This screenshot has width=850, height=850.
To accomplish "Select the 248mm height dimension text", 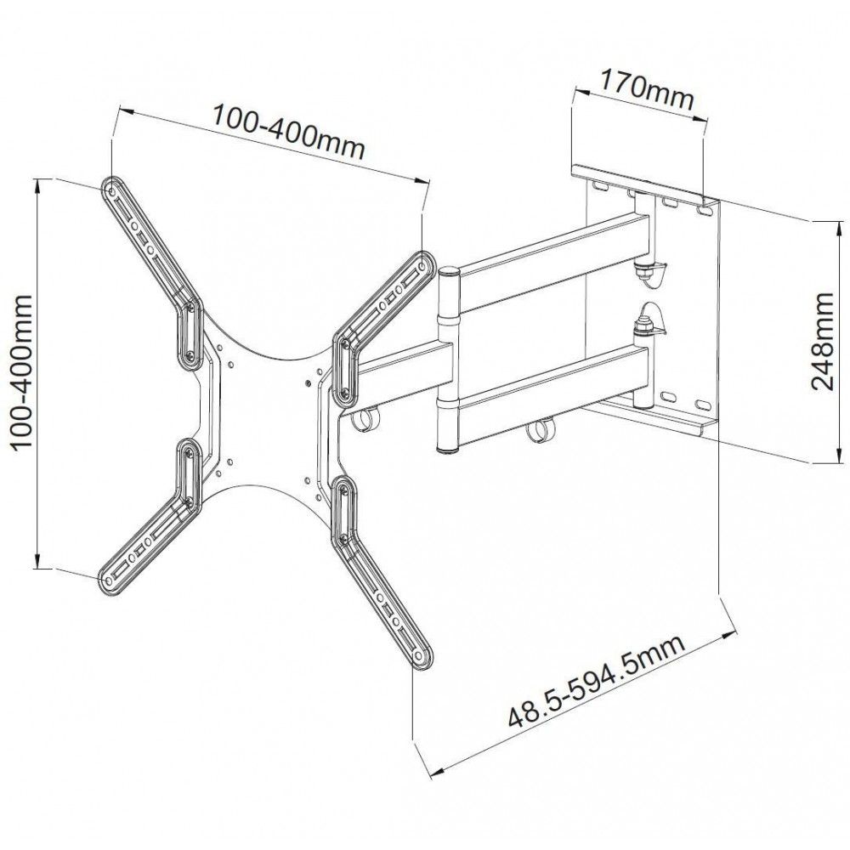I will pyautogui.click(x=823, y=340).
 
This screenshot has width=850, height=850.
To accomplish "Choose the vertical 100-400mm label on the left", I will pyautogui.click(x=19, y=371).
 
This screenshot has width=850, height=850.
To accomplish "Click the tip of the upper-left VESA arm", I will pyautogui.click(x=111, y=188).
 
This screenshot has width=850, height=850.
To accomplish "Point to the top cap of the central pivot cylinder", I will pyautogui.click(x=448, y=273).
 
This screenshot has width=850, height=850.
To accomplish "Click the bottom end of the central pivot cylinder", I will pyautogui.click(x=449, y=449).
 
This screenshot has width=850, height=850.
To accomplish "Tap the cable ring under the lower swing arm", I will pyautogui.click(x=535, y=432).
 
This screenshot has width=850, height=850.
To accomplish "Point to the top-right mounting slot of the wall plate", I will pyautogui.click(x=703, y=207).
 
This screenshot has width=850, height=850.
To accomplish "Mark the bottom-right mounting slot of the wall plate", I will pyautogui.click(x=702, y=405).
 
